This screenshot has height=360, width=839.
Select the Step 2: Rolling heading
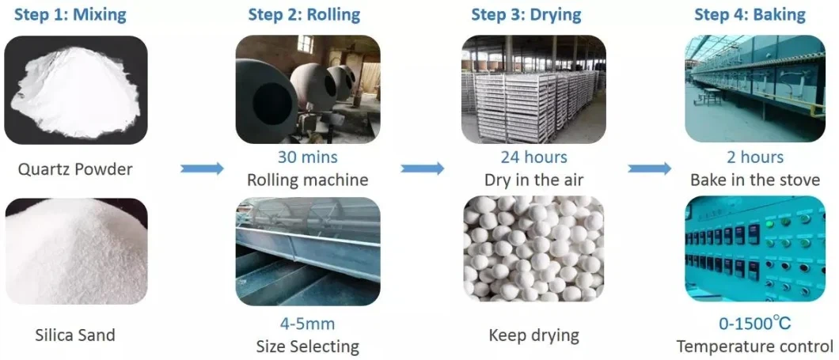pos(304,14)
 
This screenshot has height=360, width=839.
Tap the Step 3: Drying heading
pos(526,14)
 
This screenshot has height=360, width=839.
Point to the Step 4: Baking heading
pos(750,14)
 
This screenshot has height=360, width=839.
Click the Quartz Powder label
pos(76,169)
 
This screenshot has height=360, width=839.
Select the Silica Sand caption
pos(76,335)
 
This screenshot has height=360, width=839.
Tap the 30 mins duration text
pos(307,157)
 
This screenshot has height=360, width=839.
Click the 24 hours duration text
pos(533,157)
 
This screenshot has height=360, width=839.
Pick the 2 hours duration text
pos(755,157)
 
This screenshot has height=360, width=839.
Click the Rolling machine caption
pos(307,180)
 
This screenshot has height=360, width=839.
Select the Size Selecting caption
pos(307,346)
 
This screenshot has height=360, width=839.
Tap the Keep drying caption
pos(533,335)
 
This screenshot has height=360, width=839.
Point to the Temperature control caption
pos(755,346)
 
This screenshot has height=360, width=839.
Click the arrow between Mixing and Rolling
pos(203,169)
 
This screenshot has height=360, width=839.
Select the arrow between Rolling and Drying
pos(422,169)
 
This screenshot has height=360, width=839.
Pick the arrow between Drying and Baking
pos(649,169)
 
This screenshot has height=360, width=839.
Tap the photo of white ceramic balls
pos(533,252)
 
